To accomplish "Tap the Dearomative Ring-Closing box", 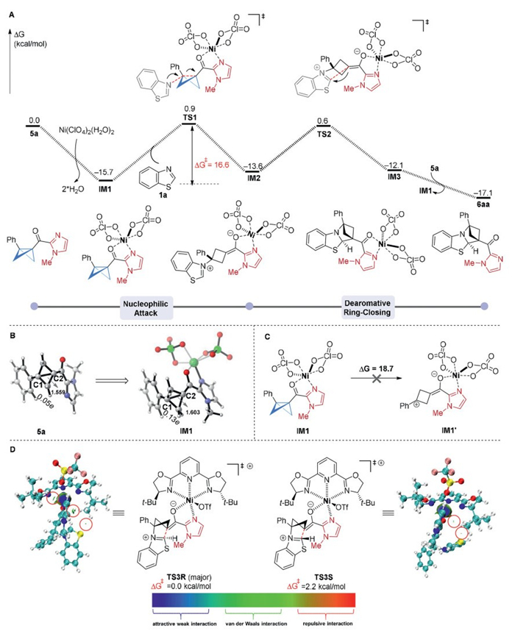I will point(366,306).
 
